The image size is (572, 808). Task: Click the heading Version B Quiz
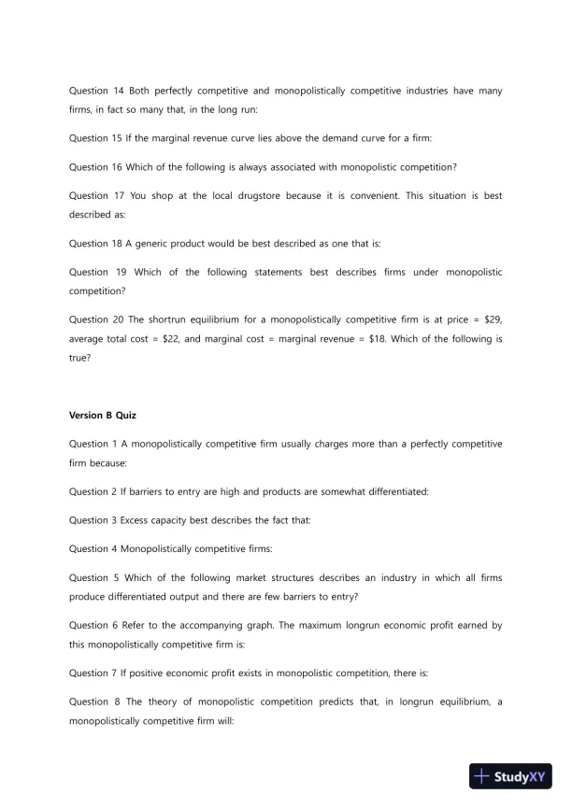[103, 415]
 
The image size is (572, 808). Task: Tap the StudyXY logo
[510, 776]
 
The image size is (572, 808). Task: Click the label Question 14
[96, 91]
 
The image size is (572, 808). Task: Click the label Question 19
[96, 272]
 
